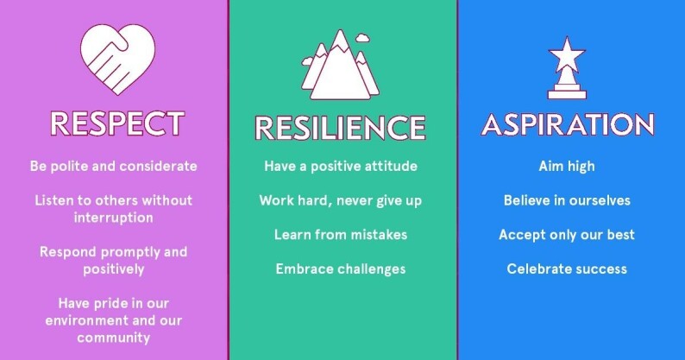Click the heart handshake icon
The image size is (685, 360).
[x=117, y=59]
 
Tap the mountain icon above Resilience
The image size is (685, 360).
[x=340, y=65]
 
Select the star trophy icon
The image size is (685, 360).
[x=567, y=68]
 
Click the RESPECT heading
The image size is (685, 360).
[x=117, y=123]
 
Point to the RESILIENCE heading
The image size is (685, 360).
[x=340, y=128]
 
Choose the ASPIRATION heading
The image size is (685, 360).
[x=568, y=124]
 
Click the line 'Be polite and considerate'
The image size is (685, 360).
[x=114, y=167]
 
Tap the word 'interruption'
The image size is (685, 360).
[x=114, y=218]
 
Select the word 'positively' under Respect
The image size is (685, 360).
[x=114, y=269]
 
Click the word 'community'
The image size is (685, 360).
[x=114, y=338]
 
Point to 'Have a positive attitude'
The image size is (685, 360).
[x=341, y=167]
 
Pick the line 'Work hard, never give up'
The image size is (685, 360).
[x=341, y=201]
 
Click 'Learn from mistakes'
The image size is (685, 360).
[x=341, y=235]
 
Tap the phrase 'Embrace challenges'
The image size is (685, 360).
[x=341, y=269]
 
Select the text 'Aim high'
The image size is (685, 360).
[x=567, y=167]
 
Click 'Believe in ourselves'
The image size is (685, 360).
[x=567, y=200]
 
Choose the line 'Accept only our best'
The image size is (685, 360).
[x=567, y=235]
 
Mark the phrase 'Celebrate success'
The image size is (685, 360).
[x=567, y=269]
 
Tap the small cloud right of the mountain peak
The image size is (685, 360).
[x=362, y=38]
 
